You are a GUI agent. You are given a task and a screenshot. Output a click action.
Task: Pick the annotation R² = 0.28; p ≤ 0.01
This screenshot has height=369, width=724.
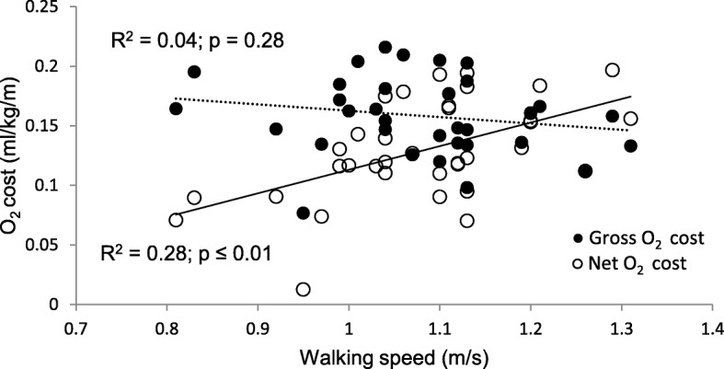[190, 251]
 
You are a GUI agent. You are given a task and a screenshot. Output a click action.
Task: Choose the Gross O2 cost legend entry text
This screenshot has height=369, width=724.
[646, 238]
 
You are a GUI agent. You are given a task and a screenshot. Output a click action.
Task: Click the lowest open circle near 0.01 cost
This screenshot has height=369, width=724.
[303, 289]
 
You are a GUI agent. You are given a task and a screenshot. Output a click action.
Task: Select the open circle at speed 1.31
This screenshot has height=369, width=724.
[630, 119]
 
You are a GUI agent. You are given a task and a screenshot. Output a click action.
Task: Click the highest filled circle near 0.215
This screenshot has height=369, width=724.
[385, 48]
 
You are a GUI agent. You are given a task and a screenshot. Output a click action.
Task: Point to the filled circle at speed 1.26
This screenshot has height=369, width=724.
[585, 171]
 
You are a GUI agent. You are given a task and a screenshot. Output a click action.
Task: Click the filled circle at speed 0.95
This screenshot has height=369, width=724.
[303, 213]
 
